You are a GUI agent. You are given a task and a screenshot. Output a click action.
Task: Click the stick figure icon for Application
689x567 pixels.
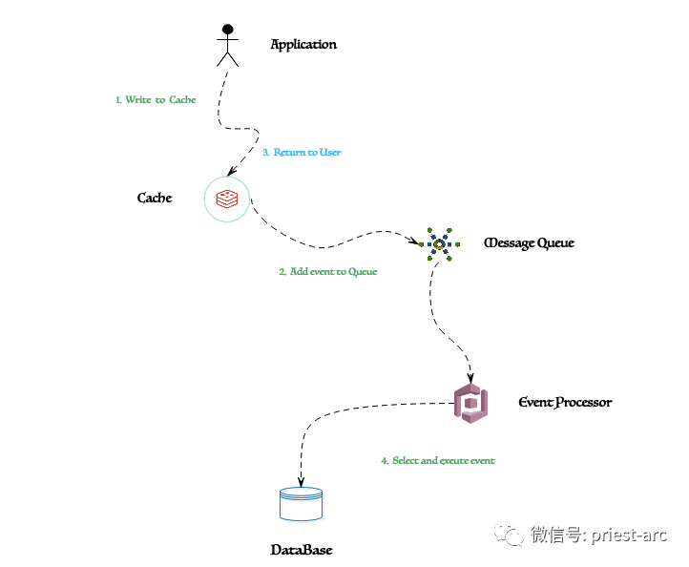(228, 46)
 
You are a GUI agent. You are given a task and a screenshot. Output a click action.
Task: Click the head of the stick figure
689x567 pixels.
(228, 30)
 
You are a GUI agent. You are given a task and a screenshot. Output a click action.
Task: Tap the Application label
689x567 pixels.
(303, 45)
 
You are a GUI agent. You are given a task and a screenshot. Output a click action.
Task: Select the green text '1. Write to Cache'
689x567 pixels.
(156, 100)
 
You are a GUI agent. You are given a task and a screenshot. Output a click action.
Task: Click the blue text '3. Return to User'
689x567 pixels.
(302, 152)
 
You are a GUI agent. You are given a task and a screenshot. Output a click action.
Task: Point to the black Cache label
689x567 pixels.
(155, 198)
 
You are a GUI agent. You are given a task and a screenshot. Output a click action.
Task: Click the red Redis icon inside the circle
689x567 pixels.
(227, 199)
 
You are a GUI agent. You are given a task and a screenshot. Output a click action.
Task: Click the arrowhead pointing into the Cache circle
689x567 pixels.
(232, 171)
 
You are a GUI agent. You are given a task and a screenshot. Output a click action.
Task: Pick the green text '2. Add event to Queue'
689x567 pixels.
(328, 272)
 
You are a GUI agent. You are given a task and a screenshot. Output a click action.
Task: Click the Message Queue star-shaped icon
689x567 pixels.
(439, 244)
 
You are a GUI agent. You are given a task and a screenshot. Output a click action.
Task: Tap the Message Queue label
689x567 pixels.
(529, 243)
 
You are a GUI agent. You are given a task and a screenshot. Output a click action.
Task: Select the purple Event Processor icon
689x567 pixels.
(471, 404)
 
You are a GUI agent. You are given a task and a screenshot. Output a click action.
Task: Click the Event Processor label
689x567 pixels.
(565, 402)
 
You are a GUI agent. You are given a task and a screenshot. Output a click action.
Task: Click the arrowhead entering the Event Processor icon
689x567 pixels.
(470, 378)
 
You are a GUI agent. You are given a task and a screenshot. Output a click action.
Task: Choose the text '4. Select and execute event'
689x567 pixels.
(438, 461)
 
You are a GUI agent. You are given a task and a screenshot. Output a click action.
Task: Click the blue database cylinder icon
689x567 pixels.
(301, 504)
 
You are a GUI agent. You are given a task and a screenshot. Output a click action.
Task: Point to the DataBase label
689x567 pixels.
(302, 550)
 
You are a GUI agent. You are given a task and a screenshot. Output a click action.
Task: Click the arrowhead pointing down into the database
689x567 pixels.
(301, 482)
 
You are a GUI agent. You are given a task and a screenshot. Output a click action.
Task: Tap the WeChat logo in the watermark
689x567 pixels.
(510, 534)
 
